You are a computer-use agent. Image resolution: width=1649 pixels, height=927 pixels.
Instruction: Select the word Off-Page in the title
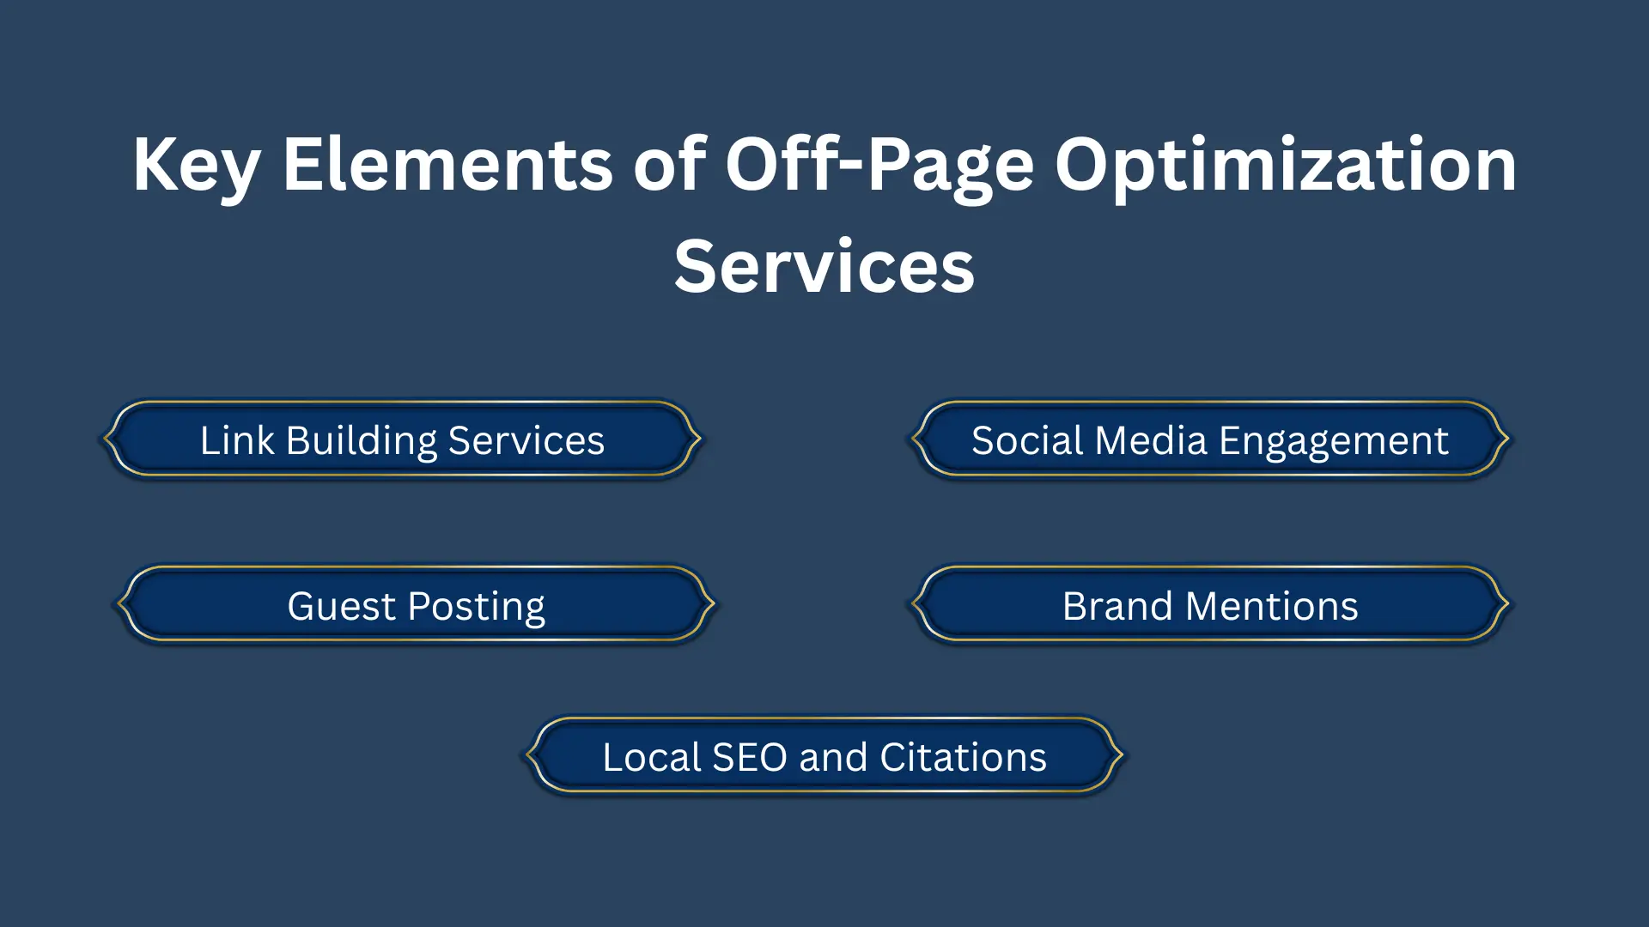pyautogui.click(x=879, y=166)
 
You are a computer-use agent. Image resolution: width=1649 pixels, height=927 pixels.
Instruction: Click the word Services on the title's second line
pyautogui.click(x=824, y=266)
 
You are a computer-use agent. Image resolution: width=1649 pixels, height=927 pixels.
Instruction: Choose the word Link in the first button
pyautogui.click(x=237, y=439)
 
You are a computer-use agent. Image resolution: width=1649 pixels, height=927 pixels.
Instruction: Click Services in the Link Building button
pyautogui.click(x=526, y=440)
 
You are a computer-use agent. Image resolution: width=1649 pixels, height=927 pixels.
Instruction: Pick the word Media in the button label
pyautogui.click(x=1152, y=440)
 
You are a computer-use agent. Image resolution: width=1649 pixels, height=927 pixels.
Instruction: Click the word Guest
pyautogui.click(x=341, y=606)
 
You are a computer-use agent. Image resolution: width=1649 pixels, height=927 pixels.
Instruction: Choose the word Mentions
pyautogui.click(x=1272, y=606)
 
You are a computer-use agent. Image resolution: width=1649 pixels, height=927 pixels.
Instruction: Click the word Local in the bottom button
pyautogui.click(x=652, y=757)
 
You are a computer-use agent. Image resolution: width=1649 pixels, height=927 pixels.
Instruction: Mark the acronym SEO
pyautogui.click(x=750, y=757)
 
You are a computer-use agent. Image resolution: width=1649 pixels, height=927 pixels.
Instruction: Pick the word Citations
pyautogui.click(x=963, y=757)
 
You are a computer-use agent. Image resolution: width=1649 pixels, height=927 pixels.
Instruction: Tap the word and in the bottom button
pyautogui.click(x=833, y=757)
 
